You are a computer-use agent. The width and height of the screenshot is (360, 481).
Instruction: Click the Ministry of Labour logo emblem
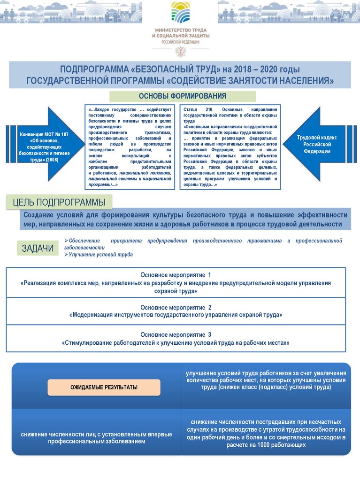coord(181,12)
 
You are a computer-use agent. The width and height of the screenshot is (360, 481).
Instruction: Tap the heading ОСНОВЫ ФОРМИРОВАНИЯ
coord(183,96)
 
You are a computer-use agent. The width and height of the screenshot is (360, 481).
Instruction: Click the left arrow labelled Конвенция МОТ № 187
coord(45,144)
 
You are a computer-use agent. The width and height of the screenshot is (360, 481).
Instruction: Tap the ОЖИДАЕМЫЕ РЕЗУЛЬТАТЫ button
coord(104,388)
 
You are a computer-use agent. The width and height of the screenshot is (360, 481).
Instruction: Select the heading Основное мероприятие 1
coord(176,275)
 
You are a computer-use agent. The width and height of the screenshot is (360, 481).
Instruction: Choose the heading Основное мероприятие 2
coord(176,307)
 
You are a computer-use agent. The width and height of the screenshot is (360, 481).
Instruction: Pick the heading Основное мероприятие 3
coord(176,334)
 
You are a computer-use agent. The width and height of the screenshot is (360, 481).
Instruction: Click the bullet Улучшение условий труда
coord(100,255)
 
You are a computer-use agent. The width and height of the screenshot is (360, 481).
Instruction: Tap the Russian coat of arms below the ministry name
coord(180,51)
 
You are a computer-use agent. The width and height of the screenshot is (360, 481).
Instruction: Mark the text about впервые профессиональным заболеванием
coord(96,438)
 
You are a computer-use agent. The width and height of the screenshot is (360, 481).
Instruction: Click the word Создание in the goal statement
coord(41,215)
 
